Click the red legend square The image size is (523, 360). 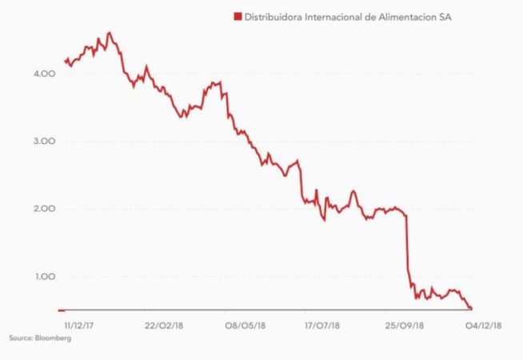(x=237, y=16)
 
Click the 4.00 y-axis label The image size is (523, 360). (x=42, y=74)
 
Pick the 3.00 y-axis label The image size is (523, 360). (x=42, y=141)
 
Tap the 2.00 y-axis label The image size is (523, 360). (x=42, y=209)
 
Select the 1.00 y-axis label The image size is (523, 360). (x=42, y=277)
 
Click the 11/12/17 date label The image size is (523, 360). (x=79, y=326)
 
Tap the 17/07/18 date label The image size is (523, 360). (x=321, y=326)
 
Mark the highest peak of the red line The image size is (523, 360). (x=110, y=33)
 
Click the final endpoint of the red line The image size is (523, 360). (x=472, y=308)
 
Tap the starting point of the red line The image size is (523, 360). (x=64, y=60)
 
